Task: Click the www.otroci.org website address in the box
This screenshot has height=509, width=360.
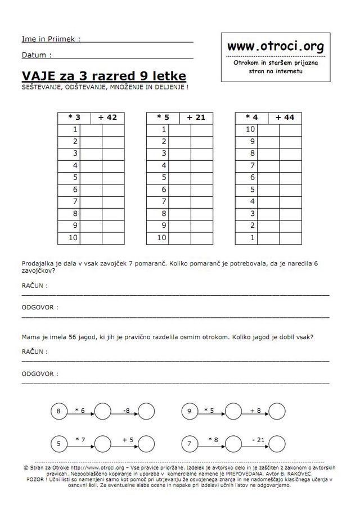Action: point(275,47)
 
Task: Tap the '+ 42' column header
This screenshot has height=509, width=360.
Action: point(107,118)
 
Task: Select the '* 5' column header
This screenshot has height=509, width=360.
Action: point(163,118)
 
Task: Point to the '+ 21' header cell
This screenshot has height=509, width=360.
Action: point(196,118)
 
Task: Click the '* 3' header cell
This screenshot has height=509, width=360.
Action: point(74,118)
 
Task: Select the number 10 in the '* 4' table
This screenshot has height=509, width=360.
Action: point(251,129)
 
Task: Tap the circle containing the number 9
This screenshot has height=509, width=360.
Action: point(190,411)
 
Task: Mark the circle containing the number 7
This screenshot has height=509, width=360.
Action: point(190,444)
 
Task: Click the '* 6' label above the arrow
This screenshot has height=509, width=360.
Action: point(80,411)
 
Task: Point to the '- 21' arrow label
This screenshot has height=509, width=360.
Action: point(259,439)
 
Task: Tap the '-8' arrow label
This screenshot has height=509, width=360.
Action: point(126,411)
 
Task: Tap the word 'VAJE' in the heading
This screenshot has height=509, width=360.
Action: point(37,75)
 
